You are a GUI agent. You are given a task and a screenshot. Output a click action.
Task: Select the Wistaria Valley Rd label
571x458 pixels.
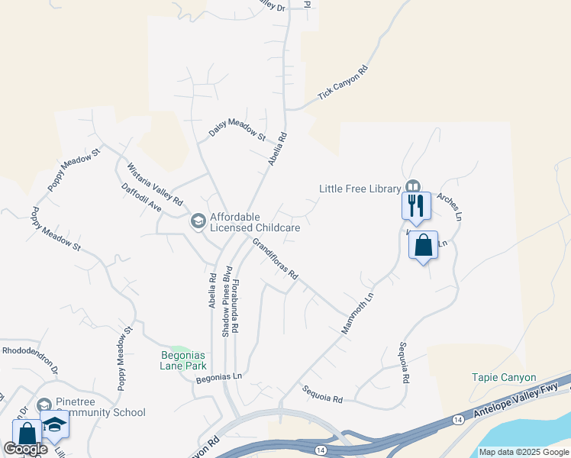tap(155, 184)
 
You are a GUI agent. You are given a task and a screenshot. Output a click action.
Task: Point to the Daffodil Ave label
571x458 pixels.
tap(141, 197)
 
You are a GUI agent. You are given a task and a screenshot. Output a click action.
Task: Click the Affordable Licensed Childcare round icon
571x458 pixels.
tap(198, 221)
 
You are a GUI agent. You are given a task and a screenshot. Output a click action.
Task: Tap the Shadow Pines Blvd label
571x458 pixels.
tap(226, 302)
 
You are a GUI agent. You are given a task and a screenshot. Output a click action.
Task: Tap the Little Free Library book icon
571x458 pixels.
tap(413, 186)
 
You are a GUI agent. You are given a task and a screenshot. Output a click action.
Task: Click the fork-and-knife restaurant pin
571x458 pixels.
tap(416, 205)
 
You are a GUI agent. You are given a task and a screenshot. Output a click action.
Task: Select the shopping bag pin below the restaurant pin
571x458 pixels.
tap(423, 246)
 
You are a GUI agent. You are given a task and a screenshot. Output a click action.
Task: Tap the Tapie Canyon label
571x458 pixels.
tap(504, 378)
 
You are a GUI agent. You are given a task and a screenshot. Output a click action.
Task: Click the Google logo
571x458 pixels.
tap(25, 449)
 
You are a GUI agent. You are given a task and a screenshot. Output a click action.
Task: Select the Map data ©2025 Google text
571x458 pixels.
tap(524, 452)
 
